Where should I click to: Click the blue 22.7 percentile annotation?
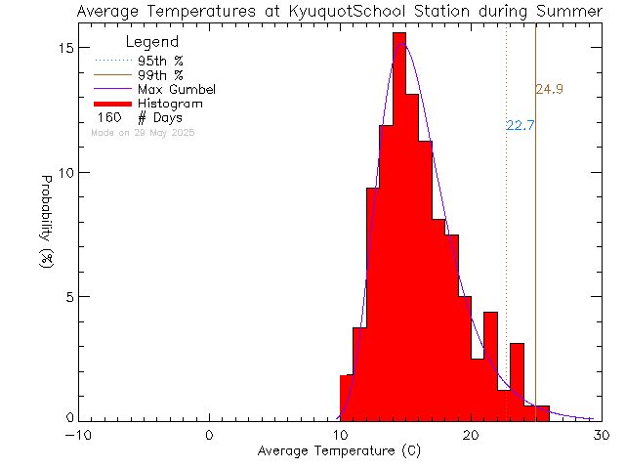tap(521, 125)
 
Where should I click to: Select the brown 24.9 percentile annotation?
tap(549, 90)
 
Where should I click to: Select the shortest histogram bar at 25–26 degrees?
tap(542, 412)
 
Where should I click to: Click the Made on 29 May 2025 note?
tap(143, 132)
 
